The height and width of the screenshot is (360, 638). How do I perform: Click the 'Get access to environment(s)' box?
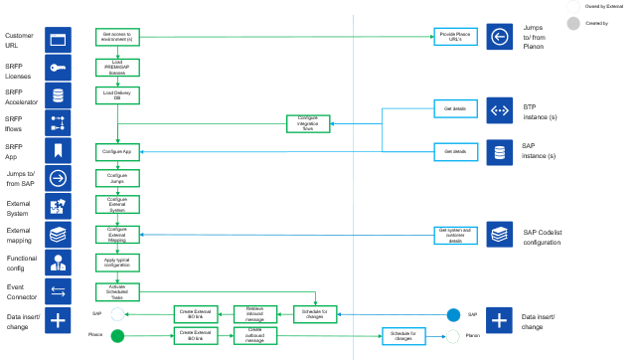pyautogui.click(x=117, y=37)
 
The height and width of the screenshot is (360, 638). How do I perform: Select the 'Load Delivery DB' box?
pyautogui.click(x=117, y=95)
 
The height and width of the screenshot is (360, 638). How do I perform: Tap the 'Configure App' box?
pyautogui.click(x=117, y=152)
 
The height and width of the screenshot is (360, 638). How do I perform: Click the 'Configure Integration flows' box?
pyautogui.click(x=308, y=123)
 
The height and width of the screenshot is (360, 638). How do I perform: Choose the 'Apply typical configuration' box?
pyautogui.click(x=117, y=263)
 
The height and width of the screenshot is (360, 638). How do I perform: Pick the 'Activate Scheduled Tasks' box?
pyautogui.click(x=117, y=291)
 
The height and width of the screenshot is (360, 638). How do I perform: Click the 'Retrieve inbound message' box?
pyautogui.click(x=254, y=313)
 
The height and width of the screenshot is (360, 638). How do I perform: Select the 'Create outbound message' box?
pyautogui.click(x=254, y=336)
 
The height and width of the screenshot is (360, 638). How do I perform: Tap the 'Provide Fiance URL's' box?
pyautogui.click(x=456, y=37)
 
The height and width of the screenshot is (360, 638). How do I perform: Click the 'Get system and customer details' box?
pyautogui.click(x=456, y=236)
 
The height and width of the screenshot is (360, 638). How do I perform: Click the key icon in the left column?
pyautogui.click(x=59, y=68)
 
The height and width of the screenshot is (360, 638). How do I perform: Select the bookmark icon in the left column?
pyautogui.click(x=59, y=151)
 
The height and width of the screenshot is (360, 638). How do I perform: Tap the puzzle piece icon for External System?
pyautogui.click(x=59, y=207)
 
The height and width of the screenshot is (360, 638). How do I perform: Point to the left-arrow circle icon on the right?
pyautogui.click(x=499, y=38)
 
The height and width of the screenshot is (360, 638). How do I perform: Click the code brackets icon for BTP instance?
pyautogui.click(x=499, y=109)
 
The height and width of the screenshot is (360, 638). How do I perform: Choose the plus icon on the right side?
pyautogui.click(x=499, y=320)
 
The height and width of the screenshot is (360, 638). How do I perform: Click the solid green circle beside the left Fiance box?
pyautogui.click(x=117, y=336)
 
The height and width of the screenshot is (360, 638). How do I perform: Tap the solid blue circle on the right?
pyautogui.click(x=453, y=314)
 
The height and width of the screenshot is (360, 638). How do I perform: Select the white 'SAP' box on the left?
pyautogui.click(x=96, y=313)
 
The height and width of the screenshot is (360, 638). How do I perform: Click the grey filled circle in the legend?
pyautogui.click(x=573, y=23)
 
